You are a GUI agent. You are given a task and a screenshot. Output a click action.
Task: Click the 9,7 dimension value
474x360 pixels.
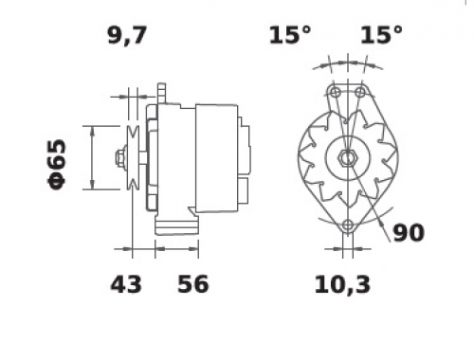(127, 35)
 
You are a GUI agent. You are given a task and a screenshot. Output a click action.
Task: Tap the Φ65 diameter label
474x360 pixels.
(57, 164)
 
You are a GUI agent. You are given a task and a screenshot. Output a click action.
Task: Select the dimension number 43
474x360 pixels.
(126, 284)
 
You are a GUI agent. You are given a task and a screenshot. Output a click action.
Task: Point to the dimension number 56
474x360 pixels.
(193, 284)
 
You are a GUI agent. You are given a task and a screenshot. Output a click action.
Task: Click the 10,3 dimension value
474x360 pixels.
(342, 285)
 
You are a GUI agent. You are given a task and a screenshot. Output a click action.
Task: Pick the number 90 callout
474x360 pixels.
(409, 233)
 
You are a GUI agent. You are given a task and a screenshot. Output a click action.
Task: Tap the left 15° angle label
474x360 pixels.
(290, 34)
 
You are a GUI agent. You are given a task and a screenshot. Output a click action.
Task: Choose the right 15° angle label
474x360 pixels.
(381, 34)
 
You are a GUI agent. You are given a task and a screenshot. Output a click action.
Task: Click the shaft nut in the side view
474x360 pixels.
(120, 157)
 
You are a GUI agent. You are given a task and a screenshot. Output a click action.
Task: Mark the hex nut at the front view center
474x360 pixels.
(348, 157)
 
